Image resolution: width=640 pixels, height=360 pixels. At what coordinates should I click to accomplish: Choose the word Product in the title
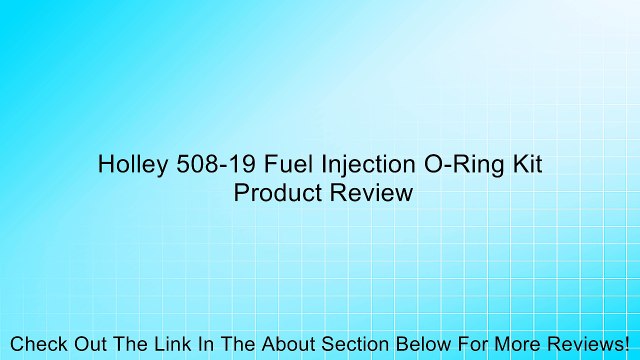274,193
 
